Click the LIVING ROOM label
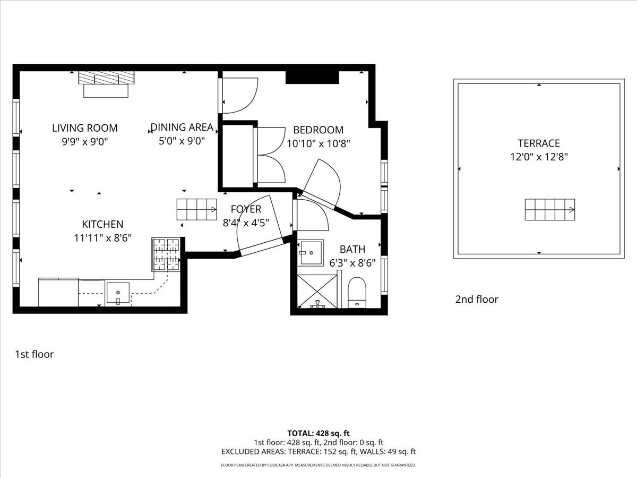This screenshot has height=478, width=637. [85, 128]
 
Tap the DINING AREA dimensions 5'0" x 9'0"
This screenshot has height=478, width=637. [182, 141]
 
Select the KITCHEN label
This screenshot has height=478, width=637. [102, 224]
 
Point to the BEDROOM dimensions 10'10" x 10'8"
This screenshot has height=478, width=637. [318, 143]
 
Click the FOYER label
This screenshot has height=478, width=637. [246, 209]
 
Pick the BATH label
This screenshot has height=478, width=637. [352, 249]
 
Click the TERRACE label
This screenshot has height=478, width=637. [539, 143]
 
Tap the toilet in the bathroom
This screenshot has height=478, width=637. [357, 293]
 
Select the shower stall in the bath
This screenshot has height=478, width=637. [317, 291]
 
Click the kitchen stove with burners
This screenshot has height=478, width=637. [166, 254]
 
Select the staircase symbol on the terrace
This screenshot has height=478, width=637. [549, 210]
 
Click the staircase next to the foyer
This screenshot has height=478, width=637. [196, 209]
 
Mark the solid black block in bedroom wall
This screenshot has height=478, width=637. [312, 78]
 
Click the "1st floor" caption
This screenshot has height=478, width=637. [35, 354]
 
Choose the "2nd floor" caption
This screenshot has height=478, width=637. [477, 300]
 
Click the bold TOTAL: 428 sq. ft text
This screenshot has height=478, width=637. [318, 433]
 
